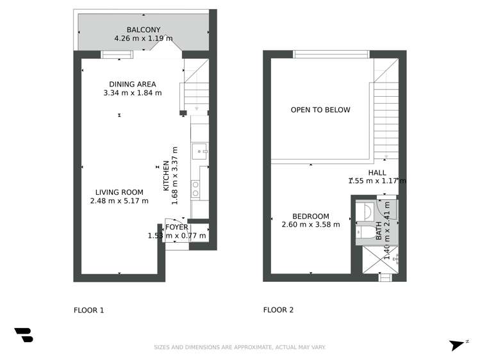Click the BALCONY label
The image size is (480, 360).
[138, 30]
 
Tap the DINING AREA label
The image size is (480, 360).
[132, 84]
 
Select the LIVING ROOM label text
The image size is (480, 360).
[119, 192]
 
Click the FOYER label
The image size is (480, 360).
[177, 227]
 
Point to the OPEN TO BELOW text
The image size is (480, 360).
[320, 110]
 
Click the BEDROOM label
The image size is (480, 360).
[311, 216]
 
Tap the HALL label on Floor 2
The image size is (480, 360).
[377, 172]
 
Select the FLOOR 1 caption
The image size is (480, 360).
[88, 310]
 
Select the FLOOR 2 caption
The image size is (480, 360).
[278, 310]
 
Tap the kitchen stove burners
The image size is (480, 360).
[195, 188]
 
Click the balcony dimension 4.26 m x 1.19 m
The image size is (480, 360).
[138, 38]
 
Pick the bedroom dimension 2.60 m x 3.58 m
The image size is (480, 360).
[311, 224]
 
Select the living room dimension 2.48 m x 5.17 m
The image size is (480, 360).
[119, 200]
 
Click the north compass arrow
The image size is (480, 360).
[458, 345]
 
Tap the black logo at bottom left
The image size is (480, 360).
[24, 335]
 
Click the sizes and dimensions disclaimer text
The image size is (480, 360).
[240, 347]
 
